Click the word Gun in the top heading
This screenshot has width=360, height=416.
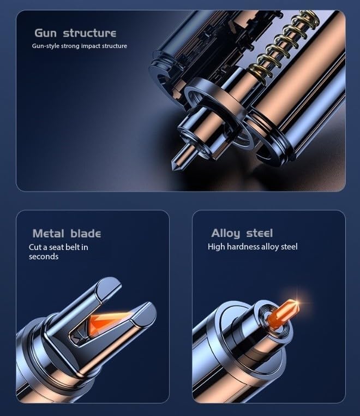[x=46, y=33]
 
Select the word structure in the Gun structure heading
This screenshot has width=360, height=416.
[x=89, y=33]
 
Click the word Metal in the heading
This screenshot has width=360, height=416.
[x=48, y=234]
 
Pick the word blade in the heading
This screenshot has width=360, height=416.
[x=86, y=234]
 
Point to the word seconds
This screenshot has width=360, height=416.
[x=44, y=257]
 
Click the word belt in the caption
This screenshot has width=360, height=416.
[x=73, y=247]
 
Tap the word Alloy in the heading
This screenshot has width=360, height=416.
[x=225, y=234]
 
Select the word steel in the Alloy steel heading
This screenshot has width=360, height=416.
[x=259, y=233]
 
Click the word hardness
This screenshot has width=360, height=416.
[x=243, y=246]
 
